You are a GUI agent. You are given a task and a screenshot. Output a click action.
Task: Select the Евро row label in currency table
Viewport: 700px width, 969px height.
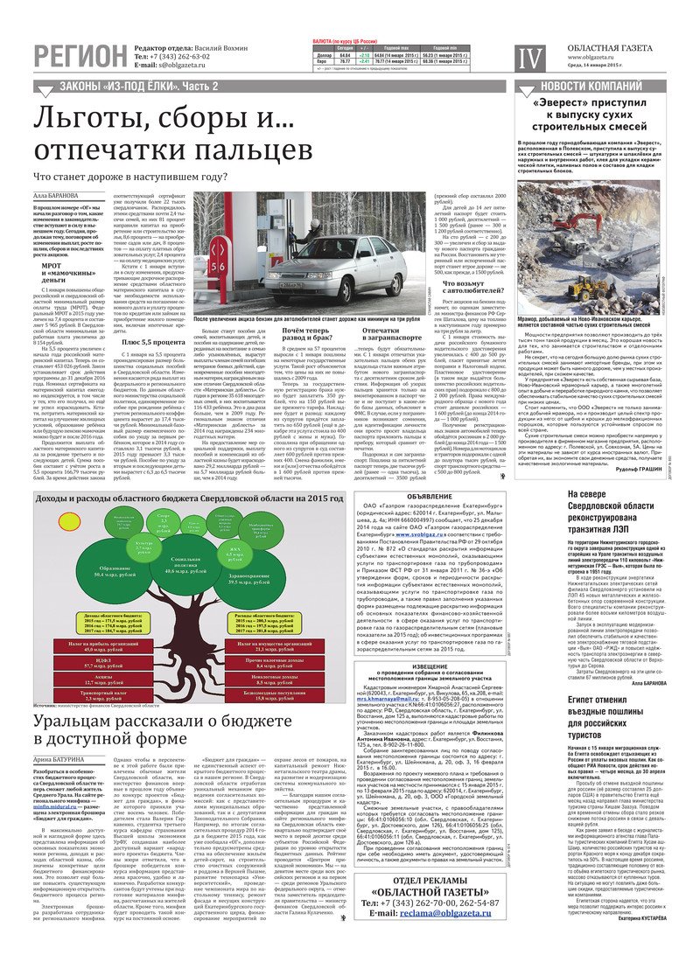(322, 61)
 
